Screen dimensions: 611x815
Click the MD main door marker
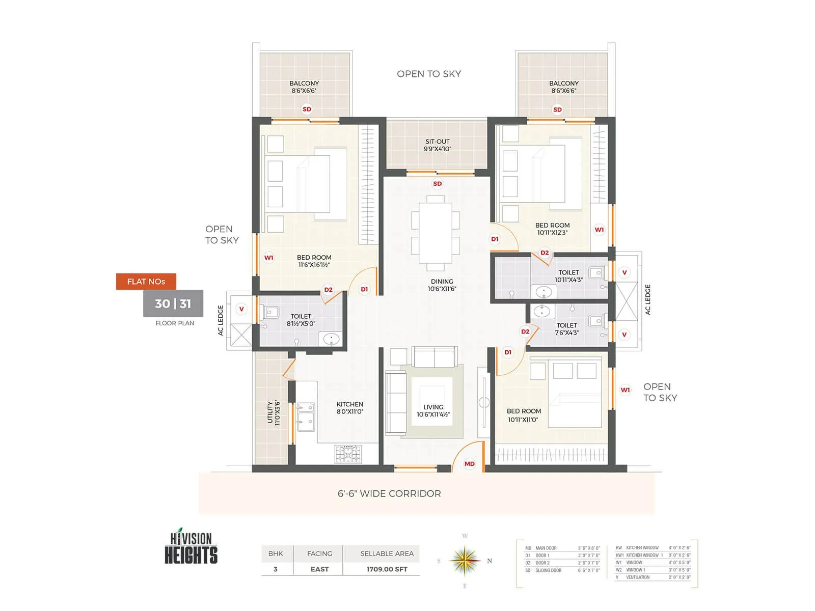469,464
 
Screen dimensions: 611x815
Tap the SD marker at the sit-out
437,184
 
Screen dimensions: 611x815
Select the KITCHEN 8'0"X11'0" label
349,408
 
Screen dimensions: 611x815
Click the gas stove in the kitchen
348,453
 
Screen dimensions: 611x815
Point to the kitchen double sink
306,414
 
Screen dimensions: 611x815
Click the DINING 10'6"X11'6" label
442,285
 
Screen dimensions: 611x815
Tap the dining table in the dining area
436,233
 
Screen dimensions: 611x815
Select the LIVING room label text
433,410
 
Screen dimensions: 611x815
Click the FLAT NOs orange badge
146,282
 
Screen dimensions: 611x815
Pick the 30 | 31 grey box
173,303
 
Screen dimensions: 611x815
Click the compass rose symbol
465,561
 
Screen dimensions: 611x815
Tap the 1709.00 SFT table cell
387,569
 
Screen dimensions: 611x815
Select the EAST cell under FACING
319,569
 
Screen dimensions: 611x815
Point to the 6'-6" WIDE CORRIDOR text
389,493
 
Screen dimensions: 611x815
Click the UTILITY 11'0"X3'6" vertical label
274,412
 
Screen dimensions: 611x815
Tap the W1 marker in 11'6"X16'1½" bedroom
268,258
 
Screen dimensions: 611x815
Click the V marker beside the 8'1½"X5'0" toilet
241,309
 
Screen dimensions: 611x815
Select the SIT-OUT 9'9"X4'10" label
438,145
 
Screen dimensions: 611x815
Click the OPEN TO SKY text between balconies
429,74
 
